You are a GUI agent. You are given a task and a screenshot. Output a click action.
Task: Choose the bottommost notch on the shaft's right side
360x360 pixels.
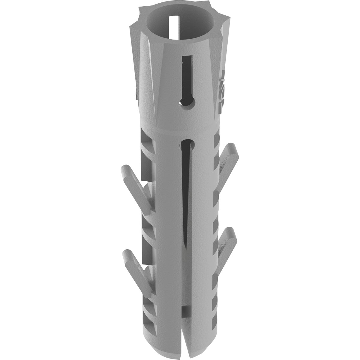point(215,324)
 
